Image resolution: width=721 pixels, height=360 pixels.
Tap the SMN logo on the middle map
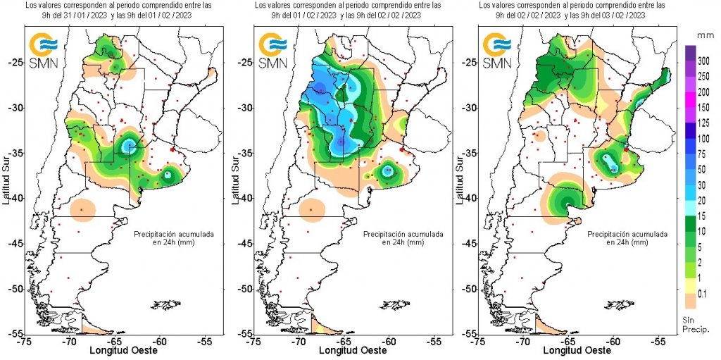[271, 51]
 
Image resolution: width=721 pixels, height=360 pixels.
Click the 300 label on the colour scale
[703, 63]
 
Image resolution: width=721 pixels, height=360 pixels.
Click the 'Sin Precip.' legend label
[694, 325]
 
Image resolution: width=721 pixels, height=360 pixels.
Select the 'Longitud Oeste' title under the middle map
[344, 350]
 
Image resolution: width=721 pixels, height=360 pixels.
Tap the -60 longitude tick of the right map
[614, 341]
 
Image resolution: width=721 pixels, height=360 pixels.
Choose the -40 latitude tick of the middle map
[241, 198]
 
